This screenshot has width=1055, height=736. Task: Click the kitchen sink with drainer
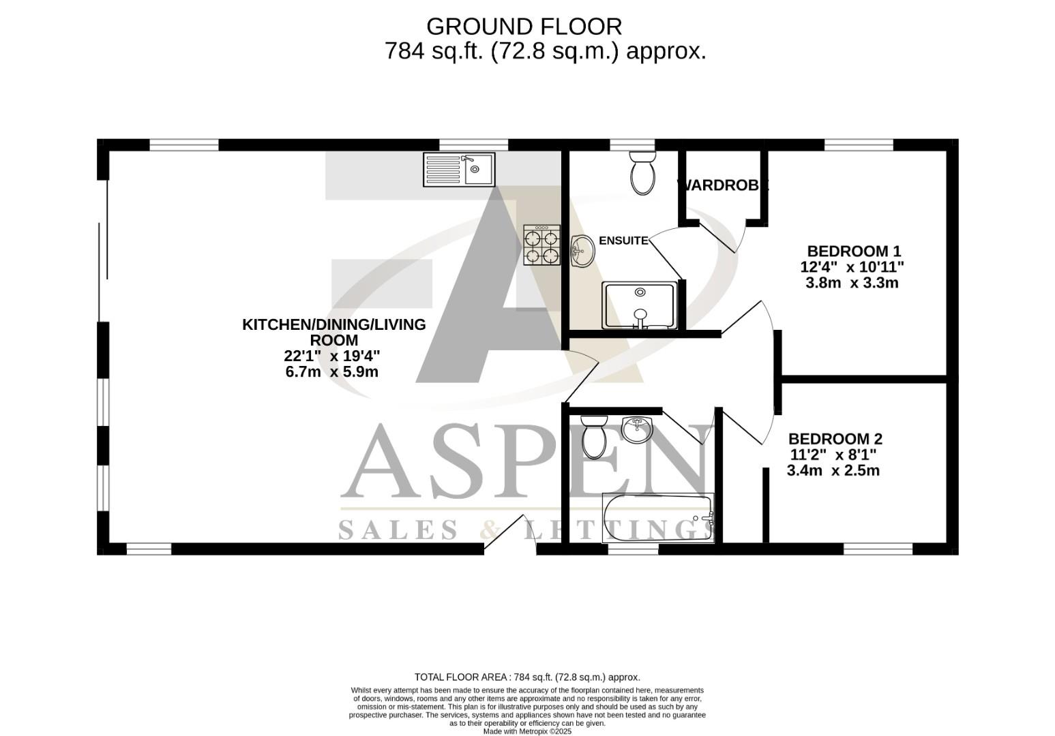click(x=459, y=170)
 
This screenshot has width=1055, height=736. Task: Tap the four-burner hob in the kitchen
click(x=541, y=245)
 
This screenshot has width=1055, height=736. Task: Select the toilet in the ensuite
click(x=642, y=173)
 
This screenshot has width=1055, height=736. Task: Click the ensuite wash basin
click(x=582, y=251)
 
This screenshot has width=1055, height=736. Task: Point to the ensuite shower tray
click(x=639, y=305)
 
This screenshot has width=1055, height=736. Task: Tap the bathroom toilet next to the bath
click(x=594, y=437)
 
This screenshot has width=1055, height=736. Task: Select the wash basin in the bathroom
click(x=638, y=429)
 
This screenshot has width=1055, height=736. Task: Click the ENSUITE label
click(x=623, y=241)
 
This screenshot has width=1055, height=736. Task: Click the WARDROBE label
click(x=722, y=185)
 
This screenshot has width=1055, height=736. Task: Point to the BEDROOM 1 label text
click(x=854, y=251)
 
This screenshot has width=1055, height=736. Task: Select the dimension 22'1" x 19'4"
click(x=331, y=356)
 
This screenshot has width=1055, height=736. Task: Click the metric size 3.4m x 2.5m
click(x=833, y=470)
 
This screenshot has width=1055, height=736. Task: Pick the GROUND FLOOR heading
click(x=524, y=27)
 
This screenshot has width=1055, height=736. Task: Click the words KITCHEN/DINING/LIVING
click(x=333, y=324)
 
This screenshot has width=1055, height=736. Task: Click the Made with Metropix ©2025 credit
click(x=527, y=731)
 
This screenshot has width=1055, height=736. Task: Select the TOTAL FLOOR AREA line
click(x=527, y=677)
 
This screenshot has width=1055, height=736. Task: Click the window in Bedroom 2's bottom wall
click(x=877, y=549)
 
